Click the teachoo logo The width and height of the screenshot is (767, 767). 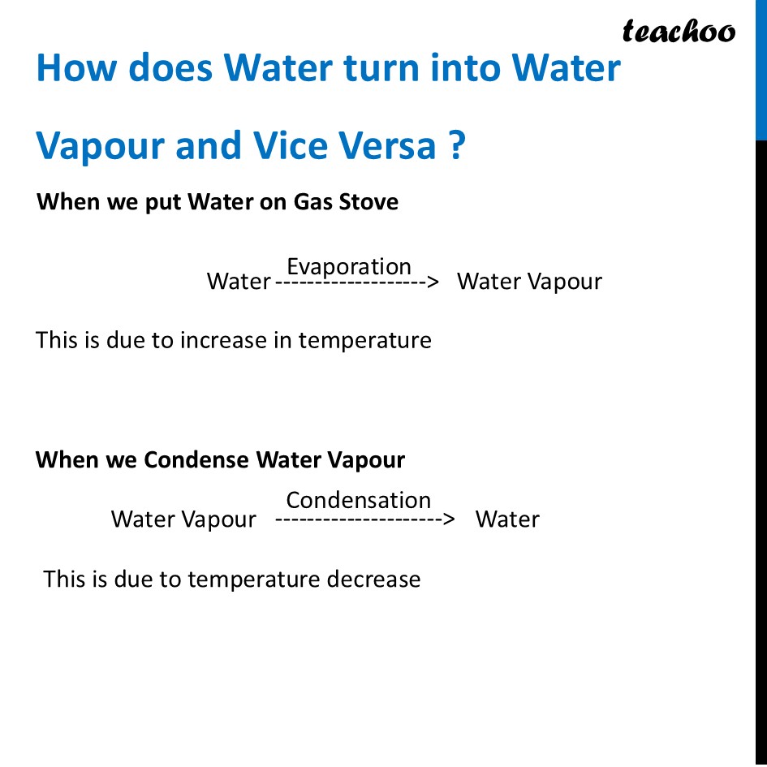(x=679, y=32)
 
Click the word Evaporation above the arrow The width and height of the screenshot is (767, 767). (x=349, y=266)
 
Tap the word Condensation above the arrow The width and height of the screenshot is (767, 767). (x=358, y=499)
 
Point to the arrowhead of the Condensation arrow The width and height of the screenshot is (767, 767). (x=449, y=519)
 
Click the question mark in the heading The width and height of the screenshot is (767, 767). (x=455, y=146)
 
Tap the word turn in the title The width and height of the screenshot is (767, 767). (x=379, y=68)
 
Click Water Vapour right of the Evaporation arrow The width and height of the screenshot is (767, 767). (x=529, y=282)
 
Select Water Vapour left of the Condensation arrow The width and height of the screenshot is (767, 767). (x=183, y=519)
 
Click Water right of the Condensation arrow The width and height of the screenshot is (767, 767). (x=507, y=519)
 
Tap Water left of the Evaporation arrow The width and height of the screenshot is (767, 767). (x=239, y=282)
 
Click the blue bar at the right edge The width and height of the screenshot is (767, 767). (x=761, y=69)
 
